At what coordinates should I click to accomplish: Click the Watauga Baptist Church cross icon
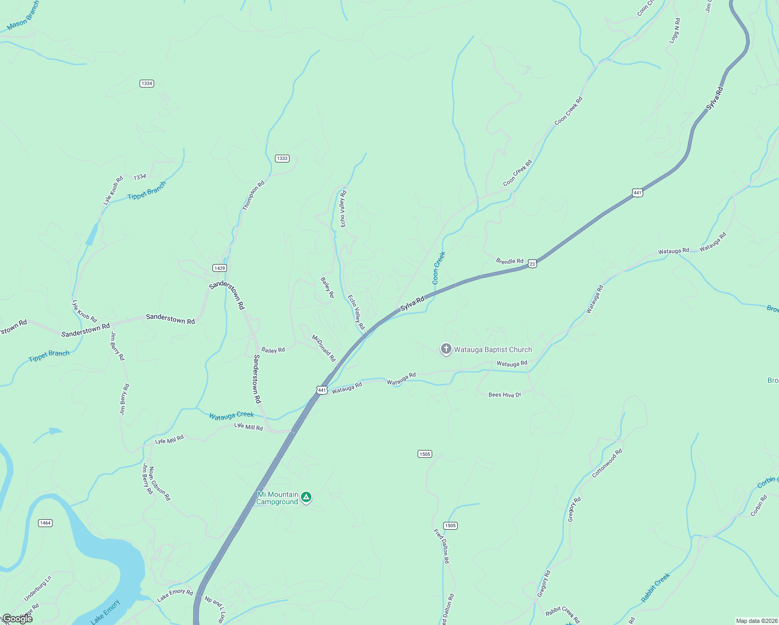point(446,349)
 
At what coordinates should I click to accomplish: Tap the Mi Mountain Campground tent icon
point(307,497)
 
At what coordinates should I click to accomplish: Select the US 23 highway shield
point(532,264)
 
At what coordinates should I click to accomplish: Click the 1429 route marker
point(220,268)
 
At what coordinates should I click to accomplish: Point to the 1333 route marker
point(282,158)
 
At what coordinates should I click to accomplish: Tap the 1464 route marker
point(45,523)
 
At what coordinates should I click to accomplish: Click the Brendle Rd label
point(509,261)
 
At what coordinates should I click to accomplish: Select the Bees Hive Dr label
point(505,395)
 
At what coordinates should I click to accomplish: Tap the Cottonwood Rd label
point(607,463)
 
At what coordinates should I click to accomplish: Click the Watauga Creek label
point(231,415)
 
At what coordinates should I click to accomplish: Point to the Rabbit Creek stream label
point(655,587)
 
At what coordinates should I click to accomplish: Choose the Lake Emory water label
point(105,611)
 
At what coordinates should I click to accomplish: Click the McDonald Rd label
point(323,348)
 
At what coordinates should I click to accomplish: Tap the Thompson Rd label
point(254,195)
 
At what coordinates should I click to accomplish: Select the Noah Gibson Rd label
point(159,483)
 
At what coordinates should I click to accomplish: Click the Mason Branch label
point(23,16)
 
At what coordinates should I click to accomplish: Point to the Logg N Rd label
point(675,31)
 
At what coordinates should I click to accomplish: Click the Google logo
point(17,618)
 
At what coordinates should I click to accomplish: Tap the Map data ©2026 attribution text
point(755,621)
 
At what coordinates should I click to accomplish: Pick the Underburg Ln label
point(37,589)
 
